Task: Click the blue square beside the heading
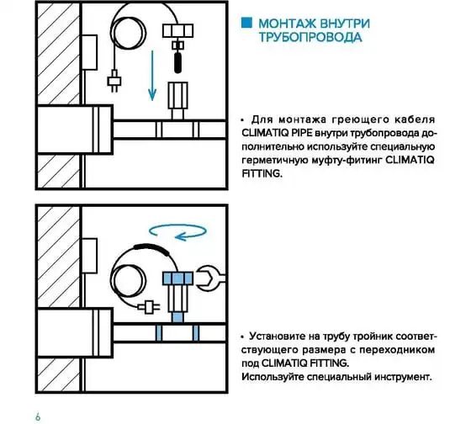(x=246, y=24)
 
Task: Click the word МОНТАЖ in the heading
(x=287, y=24)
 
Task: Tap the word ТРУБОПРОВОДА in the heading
(x=310, y=37)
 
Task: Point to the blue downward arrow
(x=152, y=76)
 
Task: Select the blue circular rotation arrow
(x=177, y=231)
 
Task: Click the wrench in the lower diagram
(x=210, y=278)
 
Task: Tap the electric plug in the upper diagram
(x=114, y=81)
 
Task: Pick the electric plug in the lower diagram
(x=149, y=307)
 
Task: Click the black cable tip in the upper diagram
(x=177, y=62)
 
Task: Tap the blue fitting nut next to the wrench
(x=177, y=278)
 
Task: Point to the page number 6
(x=38, y=416)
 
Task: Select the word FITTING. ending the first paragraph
(x=262, y=173)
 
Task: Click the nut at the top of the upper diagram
(x=177, y=30)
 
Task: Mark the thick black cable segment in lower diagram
(x=151, y=248)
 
